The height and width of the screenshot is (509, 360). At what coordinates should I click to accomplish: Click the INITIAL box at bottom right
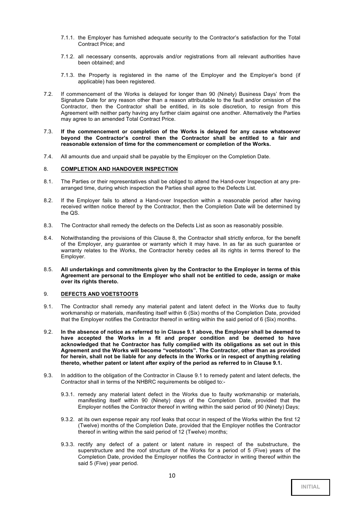click(x=310, y=487)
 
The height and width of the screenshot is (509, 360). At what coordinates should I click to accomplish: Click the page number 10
click(x=172, y=476)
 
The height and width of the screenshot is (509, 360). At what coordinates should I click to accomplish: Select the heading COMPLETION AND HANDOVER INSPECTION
click(x=119, y=169)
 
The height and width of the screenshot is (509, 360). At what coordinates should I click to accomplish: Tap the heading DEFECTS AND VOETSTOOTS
click(x=99, y=294)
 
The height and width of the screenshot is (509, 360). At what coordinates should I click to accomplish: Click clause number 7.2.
click(x=48, y=94)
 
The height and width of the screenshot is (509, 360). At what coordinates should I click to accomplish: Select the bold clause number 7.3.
click(x=48, y=132)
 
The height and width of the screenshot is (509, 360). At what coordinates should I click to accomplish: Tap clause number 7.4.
click(x=48, y=157)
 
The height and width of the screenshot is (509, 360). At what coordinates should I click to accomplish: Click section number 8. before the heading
click(x=46, y=169)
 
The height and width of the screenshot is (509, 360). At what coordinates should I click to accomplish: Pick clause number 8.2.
click(x=48, y=201)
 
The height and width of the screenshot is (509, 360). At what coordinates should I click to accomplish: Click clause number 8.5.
click(x=48, y=270)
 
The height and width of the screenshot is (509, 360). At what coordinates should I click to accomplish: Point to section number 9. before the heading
click(x=46, y=294)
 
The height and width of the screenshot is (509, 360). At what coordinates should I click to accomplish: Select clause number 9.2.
click(x=48, y=332)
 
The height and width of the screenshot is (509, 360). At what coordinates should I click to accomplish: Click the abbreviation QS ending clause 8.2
click(x=74, y=213)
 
